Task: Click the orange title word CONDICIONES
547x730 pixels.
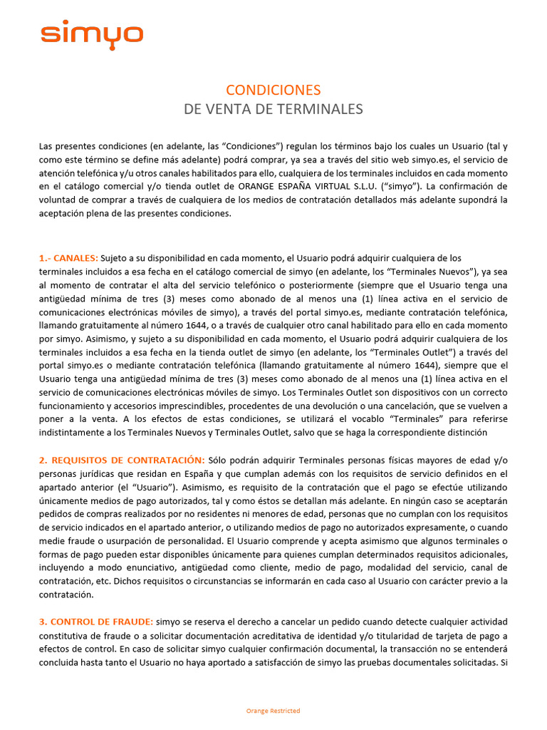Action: click(273, 90)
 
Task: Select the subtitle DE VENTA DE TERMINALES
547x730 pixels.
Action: click(273, 109)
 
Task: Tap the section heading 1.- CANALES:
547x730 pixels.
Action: click(68, 258)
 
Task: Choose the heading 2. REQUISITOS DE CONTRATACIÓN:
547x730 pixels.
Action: click(122, 460)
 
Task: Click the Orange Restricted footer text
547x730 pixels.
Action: click(273, 711)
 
